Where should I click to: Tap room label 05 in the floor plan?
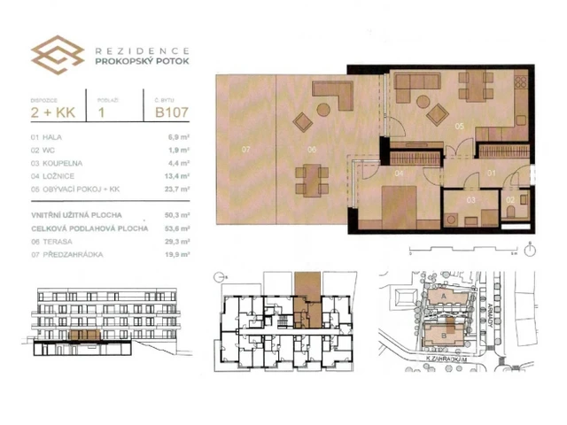pos(460,127)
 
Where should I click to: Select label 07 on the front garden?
pos(247,150)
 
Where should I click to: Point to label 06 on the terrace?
pos(312,150)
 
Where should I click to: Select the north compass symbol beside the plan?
pos(530,249)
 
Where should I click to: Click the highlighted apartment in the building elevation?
pos(86,336)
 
